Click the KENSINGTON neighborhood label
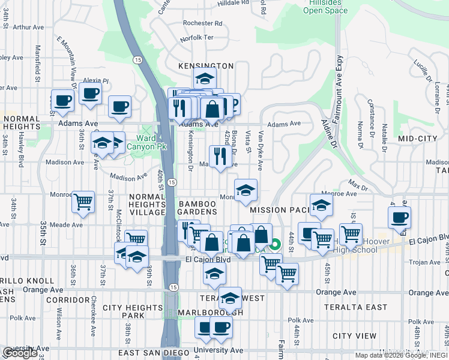(206, 66)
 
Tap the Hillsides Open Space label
(325, 7)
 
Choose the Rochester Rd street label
(202, 23)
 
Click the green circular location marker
(275, 244)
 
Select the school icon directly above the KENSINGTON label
(205, 79)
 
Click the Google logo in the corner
(20, 353)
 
